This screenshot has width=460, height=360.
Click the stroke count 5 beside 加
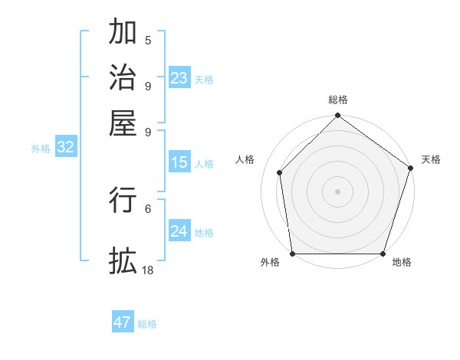click(x=148, y=41)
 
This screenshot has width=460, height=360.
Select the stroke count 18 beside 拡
click(x=148, y=270)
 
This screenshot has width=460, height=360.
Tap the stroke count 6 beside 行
click(x=148, y=208)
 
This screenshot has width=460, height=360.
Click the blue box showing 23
click(x=179, y=78)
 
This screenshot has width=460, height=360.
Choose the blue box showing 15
click(x=179, y=162)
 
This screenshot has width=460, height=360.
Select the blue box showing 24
click(x=179, y=231)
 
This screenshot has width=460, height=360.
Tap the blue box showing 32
click(x=66, y=148)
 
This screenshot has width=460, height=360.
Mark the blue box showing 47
click(x=123, y=322)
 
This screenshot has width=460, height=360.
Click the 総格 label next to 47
click(x=147, y=324)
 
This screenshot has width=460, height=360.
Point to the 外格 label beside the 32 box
click(x=41, y=149)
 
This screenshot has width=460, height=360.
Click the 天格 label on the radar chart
click(x=431, y=159)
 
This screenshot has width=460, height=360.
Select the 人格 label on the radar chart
click(x=245, y=159)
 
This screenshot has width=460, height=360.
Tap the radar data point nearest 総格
click(x=337, y=116)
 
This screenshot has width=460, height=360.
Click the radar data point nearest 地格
click(x=383, y=254)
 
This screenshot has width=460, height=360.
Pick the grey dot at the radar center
click(x=337, y=191)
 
